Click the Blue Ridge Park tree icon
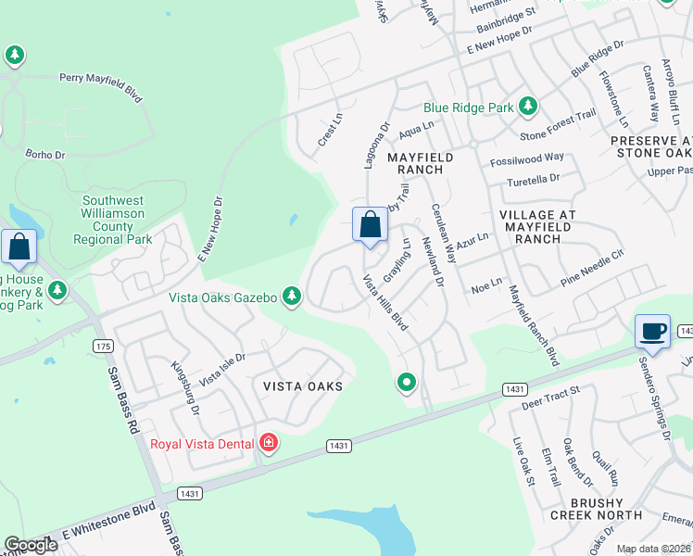pos(528,107)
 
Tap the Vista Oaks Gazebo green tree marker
pos(292,297)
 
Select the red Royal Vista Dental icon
pos(269,444)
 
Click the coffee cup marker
pos(652,332)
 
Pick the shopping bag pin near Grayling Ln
pos(370,225)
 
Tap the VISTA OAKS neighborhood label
pos(303,385)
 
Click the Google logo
pos(31,545)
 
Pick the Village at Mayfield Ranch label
pos(538,226)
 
